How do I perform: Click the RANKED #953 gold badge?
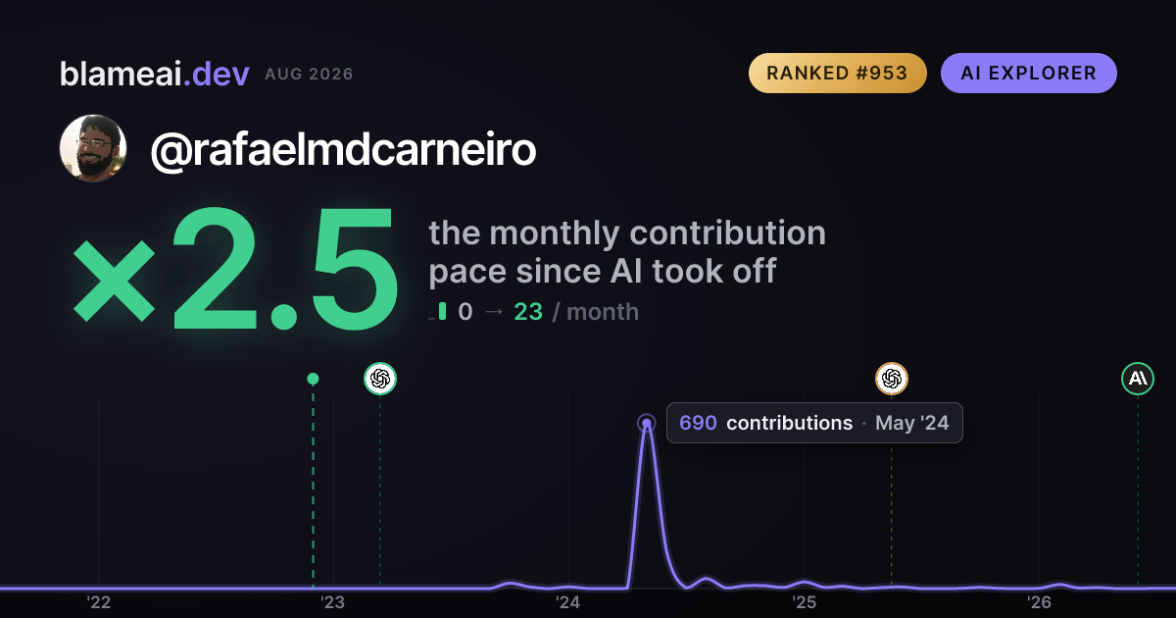837,73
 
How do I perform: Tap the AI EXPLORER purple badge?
1028,73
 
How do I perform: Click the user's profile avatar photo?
93,148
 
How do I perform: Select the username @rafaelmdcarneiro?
343,150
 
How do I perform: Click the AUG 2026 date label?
309,75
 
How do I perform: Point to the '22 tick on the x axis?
99,601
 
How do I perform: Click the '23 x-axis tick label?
333,601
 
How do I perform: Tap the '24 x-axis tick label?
568,601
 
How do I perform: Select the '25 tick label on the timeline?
804,601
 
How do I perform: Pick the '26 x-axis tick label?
1039,601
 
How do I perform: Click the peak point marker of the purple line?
647,423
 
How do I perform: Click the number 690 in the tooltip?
698,423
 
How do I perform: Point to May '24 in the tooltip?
912,423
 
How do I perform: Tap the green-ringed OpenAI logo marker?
380,379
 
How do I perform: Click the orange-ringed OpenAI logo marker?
892,379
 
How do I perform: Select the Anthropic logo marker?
1138,379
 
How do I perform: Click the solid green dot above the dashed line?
313,379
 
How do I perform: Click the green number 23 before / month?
528,312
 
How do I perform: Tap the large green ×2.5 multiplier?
235,268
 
